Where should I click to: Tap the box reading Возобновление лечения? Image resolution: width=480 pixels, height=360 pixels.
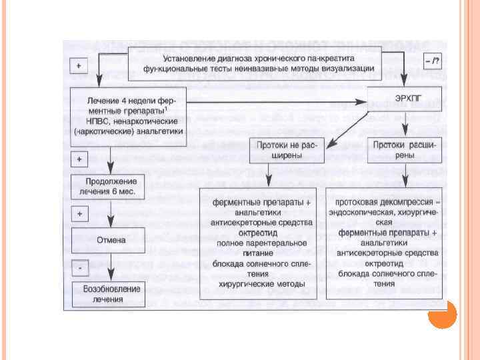(111, 293)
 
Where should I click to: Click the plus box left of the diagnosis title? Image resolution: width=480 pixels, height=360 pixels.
(80, 66)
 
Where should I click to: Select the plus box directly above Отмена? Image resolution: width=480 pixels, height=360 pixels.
(80, 213)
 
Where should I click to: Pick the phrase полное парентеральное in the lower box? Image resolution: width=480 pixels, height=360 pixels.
(262, 243)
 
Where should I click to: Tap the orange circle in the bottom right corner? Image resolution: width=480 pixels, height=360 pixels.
(441, 315)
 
